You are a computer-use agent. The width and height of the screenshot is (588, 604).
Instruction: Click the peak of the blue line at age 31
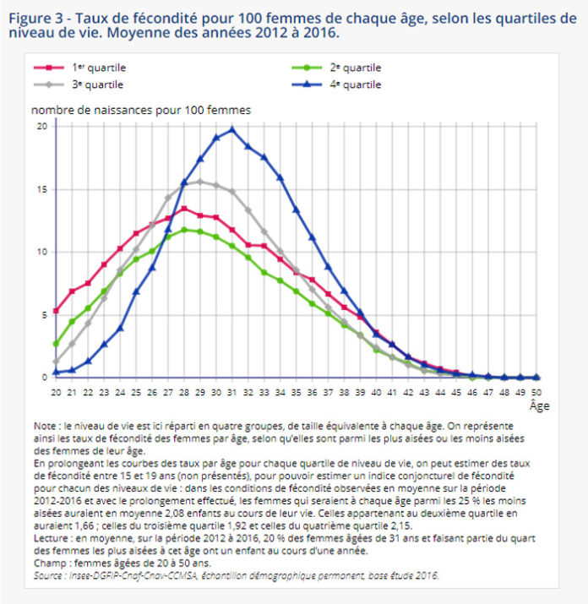[232, 129]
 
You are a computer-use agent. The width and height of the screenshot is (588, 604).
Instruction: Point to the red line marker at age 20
[56, 311]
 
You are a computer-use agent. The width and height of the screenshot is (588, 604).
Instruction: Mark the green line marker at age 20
[56, 344]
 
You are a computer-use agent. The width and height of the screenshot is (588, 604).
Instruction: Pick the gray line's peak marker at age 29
[200, 181]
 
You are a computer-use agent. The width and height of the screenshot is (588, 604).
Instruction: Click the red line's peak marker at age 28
[184, 209]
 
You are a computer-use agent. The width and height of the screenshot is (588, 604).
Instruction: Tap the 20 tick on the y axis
[41, 126]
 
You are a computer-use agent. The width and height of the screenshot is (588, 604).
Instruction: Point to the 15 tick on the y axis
[41, 188]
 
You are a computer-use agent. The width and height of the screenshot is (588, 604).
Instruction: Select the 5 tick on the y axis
[43, 315]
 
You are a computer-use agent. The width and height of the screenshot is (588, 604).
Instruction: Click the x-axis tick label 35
[297, 392]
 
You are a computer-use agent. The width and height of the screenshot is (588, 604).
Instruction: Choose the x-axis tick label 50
[537, 392]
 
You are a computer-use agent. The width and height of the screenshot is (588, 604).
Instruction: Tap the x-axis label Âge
[538, 405]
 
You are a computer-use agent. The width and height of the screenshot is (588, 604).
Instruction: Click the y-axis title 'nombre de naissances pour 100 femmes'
[141, 110]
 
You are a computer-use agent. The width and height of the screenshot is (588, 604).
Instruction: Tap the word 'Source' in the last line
[47, 574]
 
